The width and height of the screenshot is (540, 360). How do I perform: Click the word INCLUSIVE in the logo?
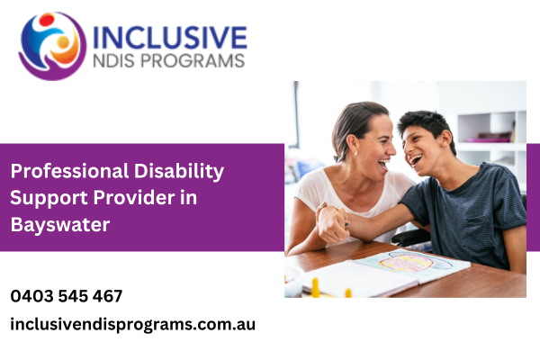click(x=170, y=37)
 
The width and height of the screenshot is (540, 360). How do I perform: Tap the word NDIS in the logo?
click(x=113, y=61)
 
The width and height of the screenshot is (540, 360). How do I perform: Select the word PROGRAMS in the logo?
click(x=193, y=61)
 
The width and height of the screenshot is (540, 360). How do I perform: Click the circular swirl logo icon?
click(x=52, y=46)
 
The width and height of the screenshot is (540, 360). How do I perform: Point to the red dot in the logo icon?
click(x=47, y=20)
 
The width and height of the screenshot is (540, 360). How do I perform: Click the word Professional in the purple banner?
click(x=69, y=171)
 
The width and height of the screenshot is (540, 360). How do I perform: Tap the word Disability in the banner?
click(x=179, y=172)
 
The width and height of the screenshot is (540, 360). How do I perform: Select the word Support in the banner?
click(x=49, y=199)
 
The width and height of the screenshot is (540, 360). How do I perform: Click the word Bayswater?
click(x=60, y=225)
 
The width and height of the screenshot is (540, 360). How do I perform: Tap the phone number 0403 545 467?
click(x=67, y=296)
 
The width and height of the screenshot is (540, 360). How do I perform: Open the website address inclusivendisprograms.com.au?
click(x=133, y=325)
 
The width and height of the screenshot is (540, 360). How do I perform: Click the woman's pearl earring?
click(x=355, y=153)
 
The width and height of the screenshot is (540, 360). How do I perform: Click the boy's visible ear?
click(x=445, y=139)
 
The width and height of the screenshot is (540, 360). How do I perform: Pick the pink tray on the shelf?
click(x=489, y=139)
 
